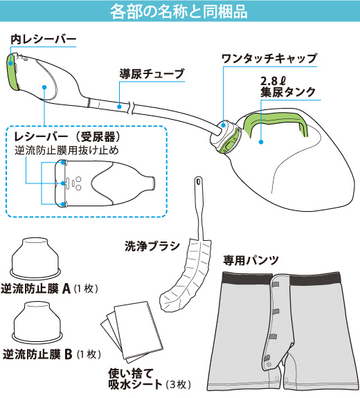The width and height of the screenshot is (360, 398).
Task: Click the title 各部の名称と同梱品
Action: tap(179, 11)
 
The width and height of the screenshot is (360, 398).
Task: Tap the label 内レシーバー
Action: tap(44, 39)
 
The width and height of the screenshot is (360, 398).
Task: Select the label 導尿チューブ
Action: tap(152, 74)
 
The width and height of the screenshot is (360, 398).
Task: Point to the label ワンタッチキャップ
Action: tap(269, 58)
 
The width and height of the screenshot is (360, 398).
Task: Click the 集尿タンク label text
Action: tap(288, 91)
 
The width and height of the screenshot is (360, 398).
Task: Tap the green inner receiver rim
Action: tap(12, 71)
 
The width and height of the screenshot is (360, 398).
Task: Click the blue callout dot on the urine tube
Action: tap(119, 107)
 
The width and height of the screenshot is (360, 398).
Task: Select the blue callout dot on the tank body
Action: tap(261, 142)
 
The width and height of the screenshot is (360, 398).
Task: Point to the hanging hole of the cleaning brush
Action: tap(198, 181)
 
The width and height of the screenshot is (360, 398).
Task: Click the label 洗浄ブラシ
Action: tap(152, 246)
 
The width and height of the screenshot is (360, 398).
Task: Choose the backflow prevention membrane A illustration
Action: tap(35, 258)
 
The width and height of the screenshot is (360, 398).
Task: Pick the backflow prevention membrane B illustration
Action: tap(37, 322)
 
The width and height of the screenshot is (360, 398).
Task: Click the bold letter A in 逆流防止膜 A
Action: tap(66, 289)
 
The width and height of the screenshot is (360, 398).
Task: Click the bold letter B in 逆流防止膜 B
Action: tap(69, 354)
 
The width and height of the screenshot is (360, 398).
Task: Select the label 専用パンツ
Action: tap(251, 260)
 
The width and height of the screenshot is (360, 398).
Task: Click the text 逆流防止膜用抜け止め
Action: tap(66, 150)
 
